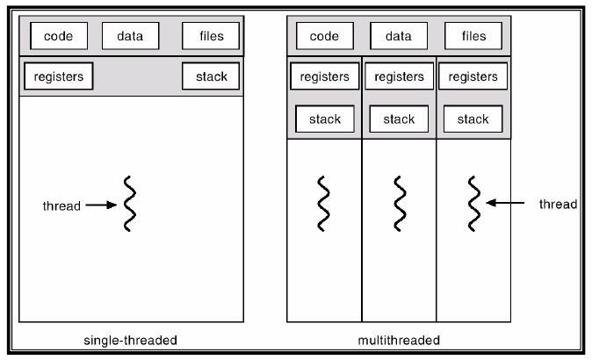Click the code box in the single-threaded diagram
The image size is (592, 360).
tap(59, 36)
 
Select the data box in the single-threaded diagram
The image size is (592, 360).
tap(130, 36)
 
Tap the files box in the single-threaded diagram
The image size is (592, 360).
tap(211, 36)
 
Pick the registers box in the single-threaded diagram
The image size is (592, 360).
tap(59, 76)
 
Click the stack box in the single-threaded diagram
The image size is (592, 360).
tap(211, 76)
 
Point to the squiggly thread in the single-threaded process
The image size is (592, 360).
tap(130, 204)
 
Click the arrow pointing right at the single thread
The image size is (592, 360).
tap(101, 205)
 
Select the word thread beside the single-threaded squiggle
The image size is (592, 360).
tap(61, 206)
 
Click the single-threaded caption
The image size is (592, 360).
tap(130, 341)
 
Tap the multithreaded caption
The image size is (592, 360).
tap(399, 341)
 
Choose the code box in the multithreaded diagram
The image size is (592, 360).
tap(325, 36)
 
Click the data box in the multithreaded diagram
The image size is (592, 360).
tap(399, 36)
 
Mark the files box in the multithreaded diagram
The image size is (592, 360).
tap(473, 36)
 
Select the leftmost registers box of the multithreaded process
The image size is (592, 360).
tap(325, 76)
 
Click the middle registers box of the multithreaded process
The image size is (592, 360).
tap(399, 76)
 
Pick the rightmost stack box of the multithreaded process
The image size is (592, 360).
tap(473, 119)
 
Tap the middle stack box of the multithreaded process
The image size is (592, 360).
tap(399, 119)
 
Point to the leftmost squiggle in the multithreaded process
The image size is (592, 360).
tap(323, 204)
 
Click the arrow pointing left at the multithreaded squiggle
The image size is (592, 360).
tap(505, 203)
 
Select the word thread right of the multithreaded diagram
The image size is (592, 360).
tap(558, 205)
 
